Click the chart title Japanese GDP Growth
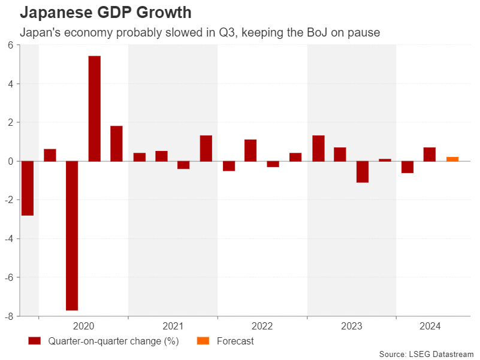coord(105,12)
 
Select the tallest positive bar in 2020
coord(95,108)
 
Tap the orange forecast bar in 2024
coord(452,159)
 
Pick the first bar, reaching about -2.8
coord(28,188)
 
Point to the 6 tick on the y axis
coord(11,46)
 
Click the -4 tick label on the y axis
coord(9,238)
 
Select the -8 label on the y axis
coord(9,316)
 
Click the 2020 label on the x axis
coord(83,326)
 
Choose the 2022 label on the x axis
coord(262,326)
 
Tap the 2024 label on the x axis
coord(430,326)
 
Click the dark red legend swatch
coord(34,341)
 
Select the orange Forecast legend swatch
coord(203,341)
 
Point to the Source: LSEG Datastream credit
coord(426,354)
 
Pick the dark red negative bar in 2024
coord(407,167)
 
